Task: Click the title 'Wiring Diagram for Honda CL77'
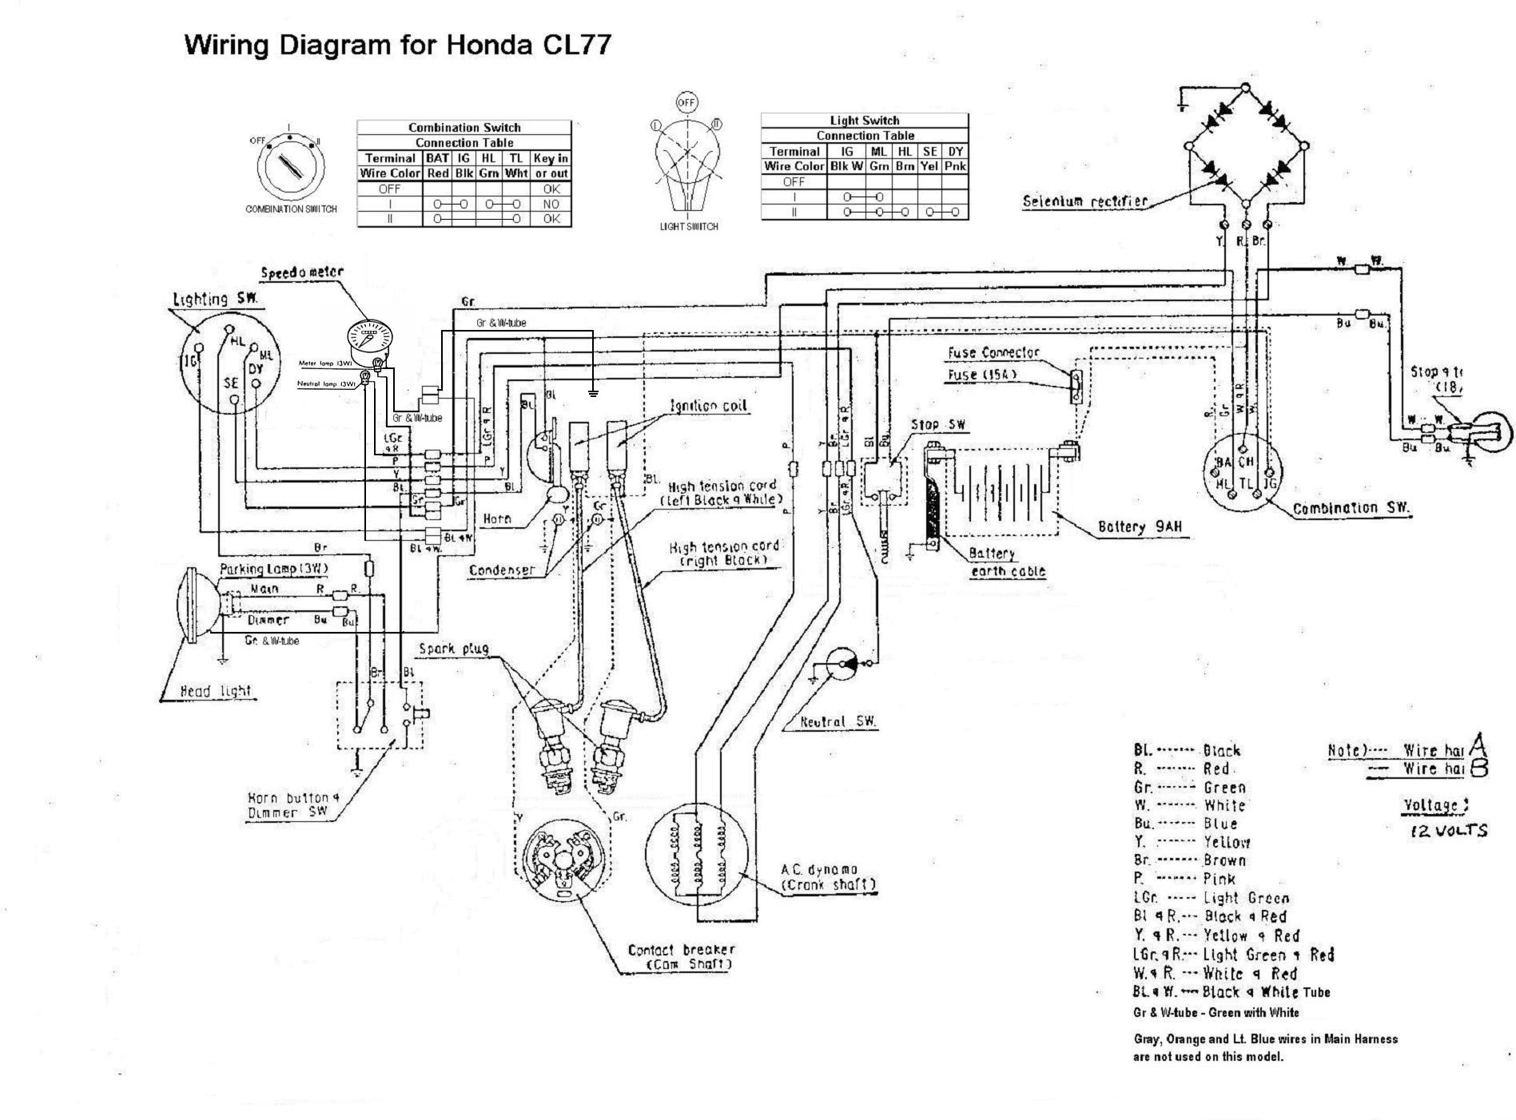click(397, 44)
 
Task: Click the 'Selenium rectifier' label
click(1084, 201)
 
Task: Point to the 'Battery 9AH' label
click(1139, 526)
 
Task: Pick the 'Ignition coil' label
click(708, 406)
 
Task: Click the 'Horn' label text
click(496, 519)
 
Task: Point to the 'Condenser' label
click(501, 570)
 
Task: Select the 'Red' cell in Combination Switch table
click(437, 173)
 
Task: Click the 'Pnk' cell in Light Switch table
click(955, 166)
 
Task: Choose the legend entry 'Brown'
click(1224, 860)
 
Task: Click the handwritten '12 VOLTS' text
click(1448, 831)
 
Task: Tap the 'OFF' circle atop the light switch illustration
click(686, 102)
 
